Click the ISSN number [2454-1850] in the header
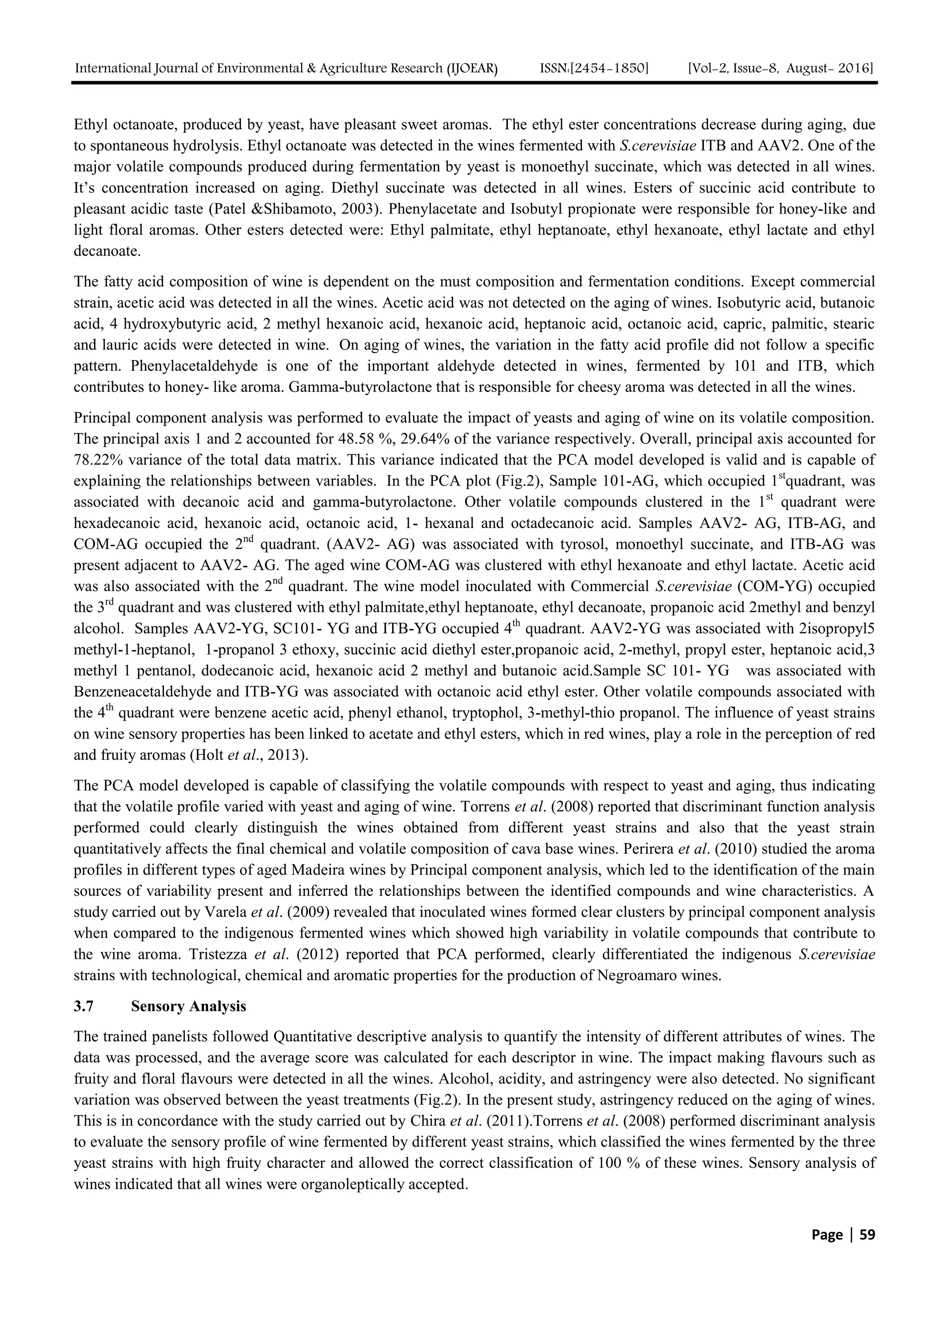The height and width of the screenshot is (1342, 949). click(x=595, y=69)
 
